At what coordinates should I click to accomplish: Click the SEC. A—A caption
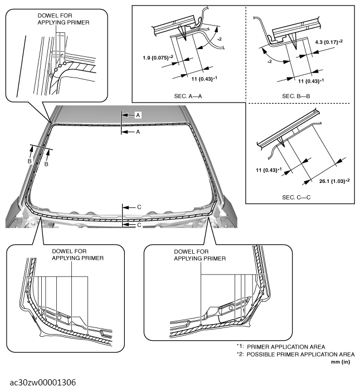[188, 96]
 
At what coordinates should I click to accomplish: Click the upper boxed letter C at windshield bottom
[139, 207]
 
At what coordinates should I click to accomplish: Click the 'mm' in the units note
[336, 361]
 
